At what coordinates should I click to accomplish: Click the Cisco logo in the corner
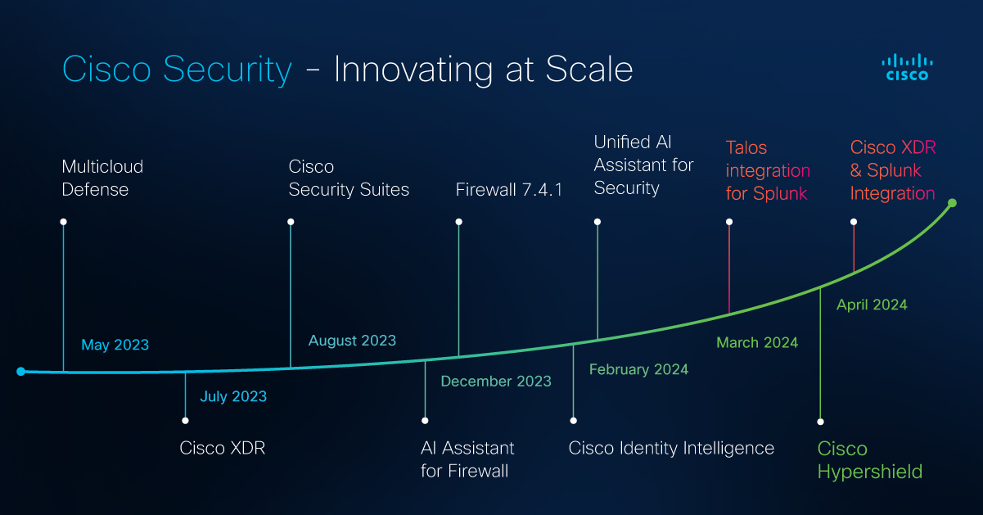tap(907, 68)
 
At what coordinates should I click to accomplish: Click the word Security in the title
tap(228, 70)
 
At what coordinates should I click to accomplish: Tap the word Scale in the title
tap(589, 69)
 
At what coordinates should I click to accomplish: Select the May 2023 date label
tap(115, 345)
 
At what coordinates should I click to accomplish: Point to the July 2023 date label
tap(233, 396)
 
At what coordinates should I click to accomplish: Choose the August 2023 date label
tap(352, 341)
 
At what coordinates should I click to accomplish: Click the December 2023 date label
tap(496, 381)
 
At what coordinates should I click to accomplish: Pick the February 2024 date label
tap(638, 369)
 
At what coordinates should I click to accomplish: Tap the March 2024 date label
tap(757, 342)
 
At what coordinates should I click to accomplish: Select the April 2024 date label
tap(872, 305)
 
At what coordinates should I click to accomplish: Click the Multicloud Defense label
tap(102, 178)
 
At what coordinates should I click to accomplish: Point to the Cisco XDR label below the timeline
tap(223, 448)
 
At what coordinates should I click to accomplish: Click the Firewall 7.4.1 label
tap(509, 190)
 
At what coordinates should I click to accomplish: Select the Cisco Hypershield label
tap(870, 460)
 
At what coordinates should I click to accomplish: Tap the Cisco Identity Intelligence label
tap(671, 448)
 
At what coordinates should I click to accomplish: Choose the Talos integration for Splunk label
tap(768, 170)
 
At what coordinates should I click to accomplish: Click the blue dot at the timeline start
tap(20, 372)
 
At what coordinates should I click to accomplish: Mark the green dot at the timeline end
tap(952, 203)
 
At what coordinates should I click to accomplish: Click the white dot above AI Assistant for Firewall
tap(425, 421)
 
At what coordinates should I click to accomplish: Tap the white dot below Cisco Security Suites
tap(291, 222)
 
